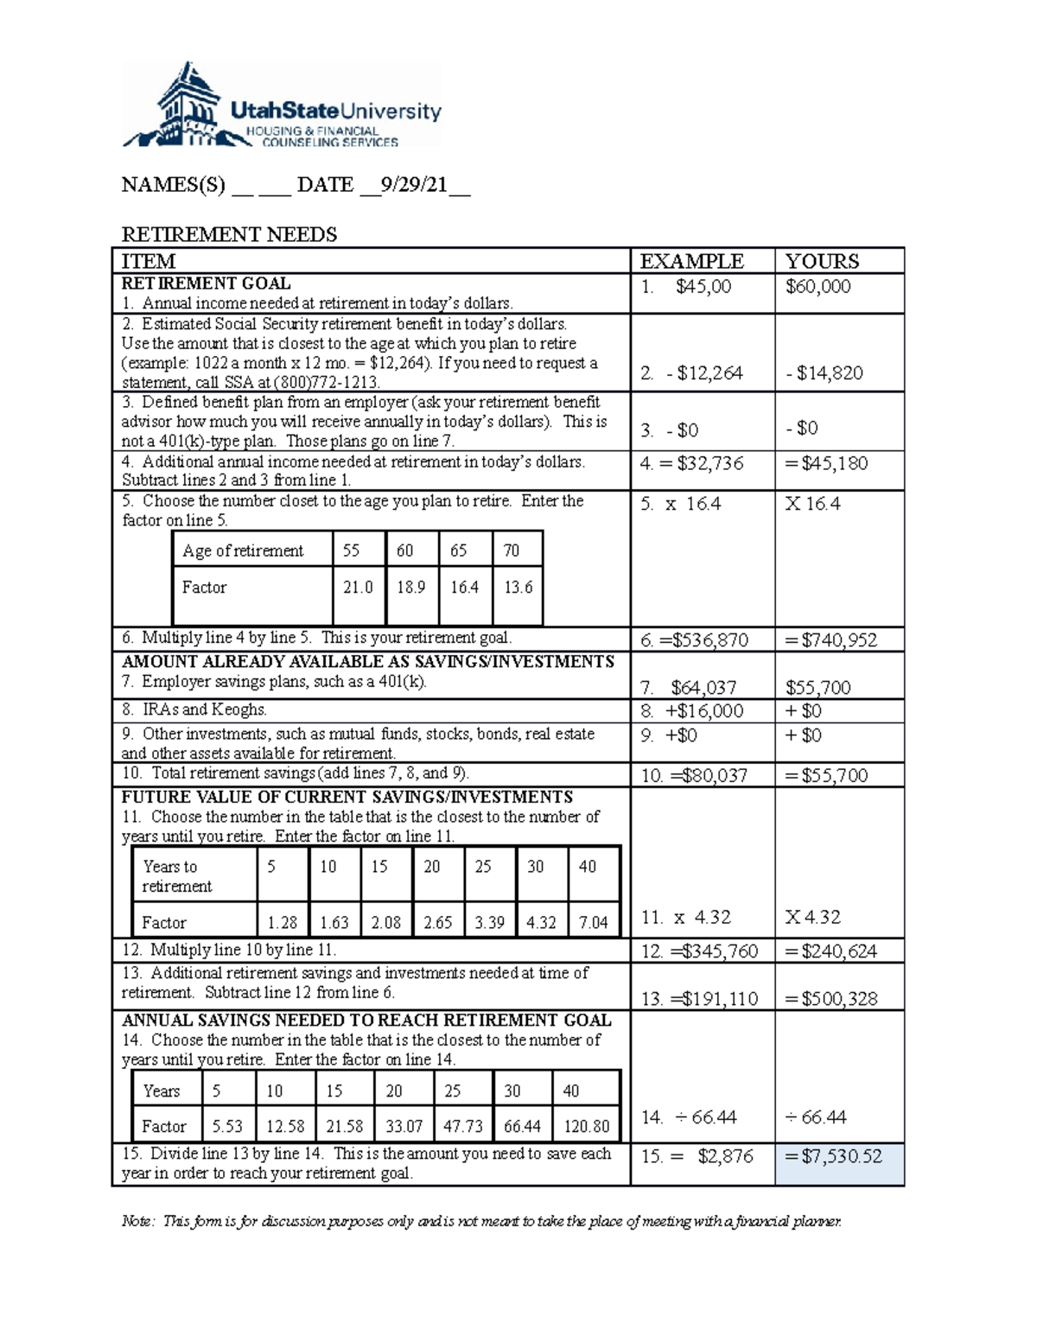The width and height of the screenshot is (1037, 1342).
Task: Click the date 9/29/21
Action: point(414,185)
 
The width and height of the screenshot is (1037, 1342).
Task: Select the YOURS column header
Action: point(821,261)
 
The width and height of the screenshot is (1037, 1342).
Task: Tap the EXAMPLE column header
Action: point(691,261)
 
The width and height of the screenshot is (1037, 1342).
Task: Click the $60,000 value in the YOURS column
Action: point(818,286)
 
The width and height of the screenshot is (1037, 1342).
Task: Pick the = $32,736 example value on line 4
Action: point(691,463)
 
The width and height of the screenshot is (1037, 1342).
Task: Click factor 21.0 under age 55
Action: point(358,588)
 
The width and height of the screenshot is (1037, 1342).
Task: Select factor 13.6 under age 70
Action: point(518,588)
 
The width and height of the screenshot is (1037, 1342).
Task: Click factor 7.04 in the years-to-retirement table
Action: point(593,923)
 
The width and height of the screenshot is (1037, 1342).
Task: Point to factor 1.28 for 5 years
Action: point(282,923)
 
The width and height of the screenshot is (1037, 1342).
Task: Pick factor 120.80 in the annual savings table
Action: point(586,1127)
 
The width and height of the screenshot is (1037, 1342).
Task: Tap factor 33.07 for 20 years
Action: point(404,1127)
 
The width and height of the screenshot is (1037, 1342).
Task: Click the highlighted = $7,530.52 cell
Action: point(838,1156)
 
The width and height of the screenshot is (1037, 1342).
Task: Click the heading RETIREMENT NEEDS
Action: point(229,234)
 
